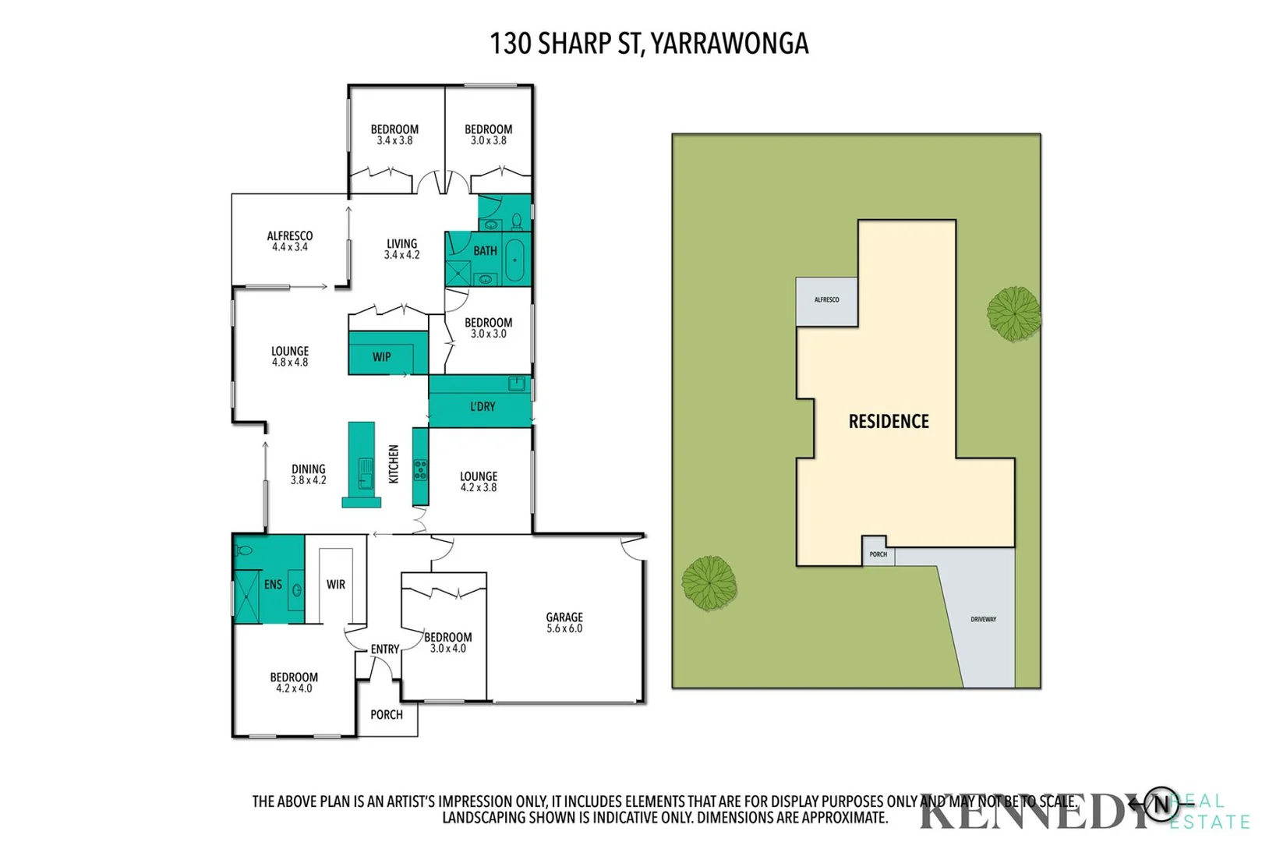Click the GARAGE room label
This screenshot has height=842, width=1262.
(564, 617)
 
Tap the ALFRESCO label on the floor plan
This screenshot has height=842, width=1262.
(290, 235)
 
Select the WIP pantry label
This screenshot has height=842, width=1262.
(381, 357)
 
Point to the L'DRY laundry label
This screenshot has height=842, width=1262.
(483, 406)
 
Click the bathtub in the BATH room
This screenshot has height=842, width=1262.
(514, 260)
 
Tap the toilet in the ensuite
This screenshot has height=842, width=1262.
(245, 550)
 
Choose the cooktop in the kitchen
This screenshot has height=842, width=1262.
(420, 469)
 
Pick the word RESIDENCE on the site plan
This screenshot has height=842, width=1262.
(889, 422)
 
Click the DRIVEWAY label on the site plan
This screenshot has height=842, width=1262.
(983, 619)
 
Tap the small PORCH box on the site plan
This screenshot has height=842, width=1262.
(878, 554)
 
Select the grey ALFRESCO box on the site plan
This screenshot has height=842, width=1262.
(826, 300)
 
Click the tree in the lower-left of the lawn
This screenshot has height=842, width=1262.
(709, 582)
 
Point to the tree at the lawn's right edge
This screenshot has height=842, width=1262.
(1013, 313)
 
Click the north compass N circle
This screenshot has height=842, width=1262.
(1161, 804)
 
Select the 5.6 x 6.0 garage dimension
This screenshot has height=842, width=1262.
(564, 628)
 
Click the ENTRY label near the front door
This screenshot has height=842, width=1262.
(384, 649)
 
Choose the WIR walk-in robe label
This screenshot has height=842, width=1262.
(336, 584)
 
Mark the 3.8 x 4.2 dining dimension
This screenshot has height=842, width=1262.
(309, 480)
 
